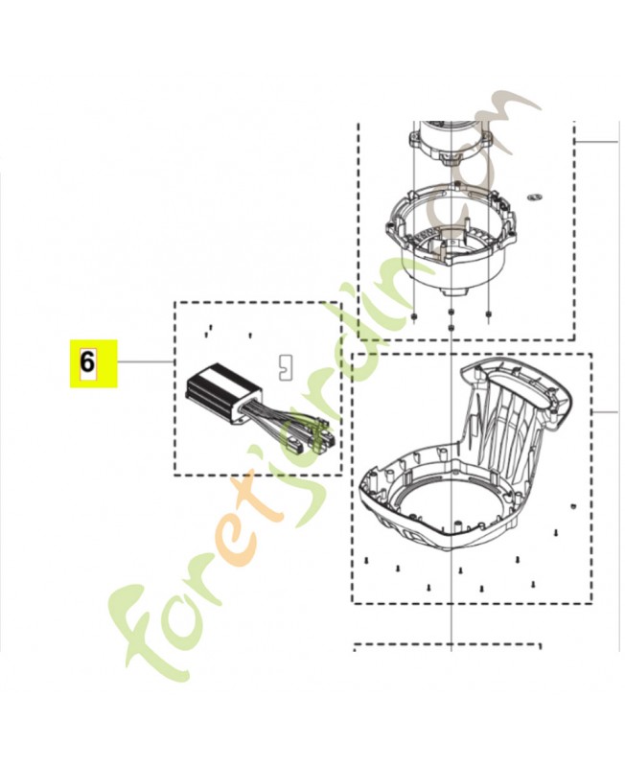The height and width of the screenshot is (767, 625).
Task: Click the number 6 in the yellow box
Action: click(x=87, y=363)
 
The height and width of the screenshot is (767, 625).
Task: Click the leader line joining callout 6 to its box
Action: click(x=145, y=362)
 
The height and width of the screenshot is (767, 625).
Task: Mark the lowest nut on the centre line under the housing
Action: click(x=451, y=328)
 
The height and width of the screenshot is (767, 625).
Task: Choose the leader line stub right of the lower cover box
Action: click(x=605, y=410)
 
